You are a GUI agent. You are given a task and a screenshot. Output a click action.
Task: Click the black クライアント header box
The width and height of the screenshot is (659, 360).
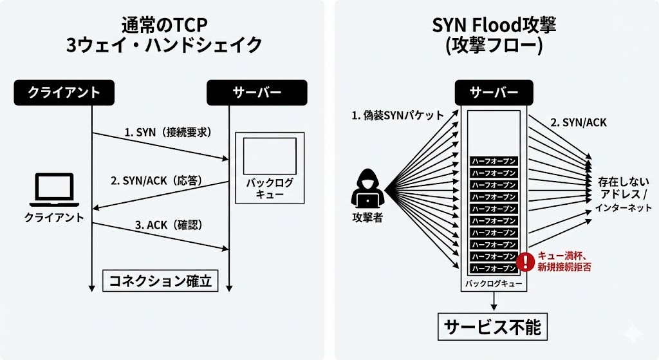point(64,92)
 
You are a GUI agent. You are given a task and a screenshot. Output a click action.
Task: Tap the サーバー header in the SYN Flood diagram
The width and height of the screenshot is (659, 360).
point(494,92)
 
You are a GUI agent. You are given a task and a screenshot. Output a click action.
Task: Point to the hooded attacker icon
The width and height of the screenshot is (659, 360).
point(368,191)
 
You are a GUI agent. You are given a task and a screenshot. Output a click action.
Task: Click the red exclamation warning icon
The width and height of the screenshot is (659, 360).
point(526,261)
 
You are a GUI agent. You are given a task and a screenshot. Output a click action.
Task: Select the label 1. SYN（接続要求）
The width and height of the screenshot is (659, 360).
point(168,132)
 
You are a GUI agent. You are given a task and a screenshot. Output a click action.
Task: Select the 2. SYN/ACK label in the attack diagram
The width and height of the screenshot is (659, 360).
point(579,122)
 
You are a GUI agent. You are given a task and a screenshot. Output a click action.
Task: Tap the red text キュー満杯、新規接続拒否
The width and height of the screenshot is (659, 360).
point(564,261)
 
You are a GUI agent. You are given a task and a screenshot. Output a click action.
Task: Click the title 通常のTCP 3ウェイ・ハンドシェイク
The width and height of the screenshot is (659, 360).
point(165,35)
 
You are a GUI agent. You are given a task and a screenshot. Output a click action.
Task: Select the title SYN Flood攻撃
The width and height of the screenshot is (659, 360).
point(494,26)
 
